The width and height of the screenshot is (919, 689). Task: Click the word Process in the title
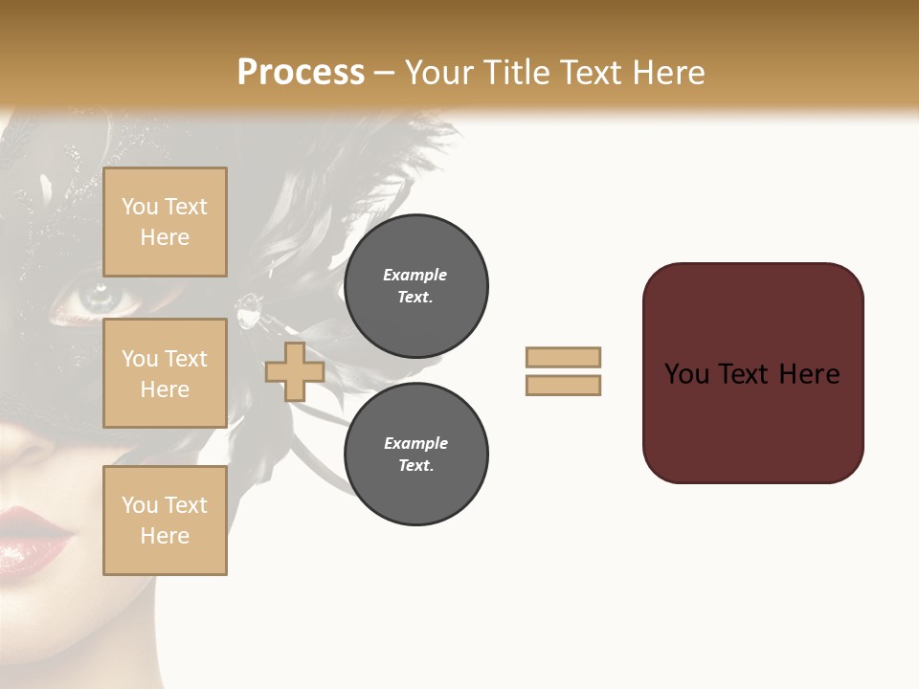[301, 73]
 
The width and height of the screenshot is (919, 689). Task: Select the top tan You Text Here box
[165, 222]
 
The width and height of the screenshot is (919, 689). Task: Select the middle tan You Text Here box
[165, 373]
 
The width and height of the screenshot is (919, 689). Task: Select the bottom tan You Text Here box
[165, 521]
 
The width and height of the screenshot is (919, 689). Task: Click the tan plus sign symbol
[294, 372]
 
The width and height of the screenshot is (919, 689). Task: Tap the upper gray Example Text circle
[416, 285]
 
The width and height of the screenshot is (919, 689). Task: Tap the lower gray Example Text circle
[416, 454]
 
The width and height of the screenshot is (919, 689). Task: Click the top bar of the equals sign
[563, 358]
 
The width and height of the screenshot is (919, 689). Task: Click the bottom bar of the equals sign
[563, 385]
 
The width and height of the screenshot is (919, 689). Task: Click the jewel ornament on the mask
[250, 309]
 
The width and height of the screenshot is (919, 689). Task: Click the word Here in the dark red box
[809, 374]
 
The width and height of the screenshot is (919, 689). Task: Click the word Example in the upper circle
[415, 275]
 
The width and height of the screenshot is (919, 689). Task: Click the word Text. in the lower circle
[415, 466]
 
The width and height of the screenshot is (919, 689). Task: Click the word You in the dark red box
[686, 374]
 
